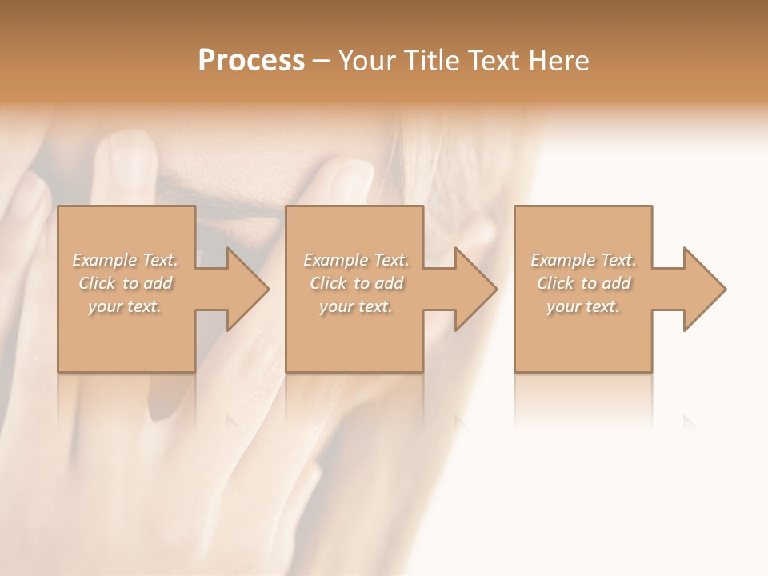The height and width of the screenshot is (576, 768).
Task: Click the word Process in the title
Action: (x=251, y=61)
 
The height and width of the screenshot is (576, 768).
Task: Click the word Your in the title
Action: (x=365, y=61)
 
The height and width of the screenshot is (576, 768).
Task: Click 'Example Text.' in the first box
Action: (x=126, y=260)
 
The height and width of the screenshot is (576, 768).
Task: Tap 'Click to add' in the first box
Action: (x=126, y=283)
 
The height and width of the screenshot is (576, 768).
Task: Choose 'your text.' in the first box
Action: (x=126, y=306)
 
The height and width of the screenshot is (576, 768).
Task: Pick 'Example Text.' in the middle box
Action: (x=356, y=260)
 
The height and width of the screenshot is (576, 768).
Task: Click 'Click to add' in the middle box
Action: (x=356, y=283)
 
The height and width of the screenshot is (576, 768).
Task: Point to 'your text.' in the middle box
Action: (x=356, y=306)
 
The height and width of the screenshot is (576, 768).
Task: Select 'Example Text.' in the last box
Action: (x=583, y=260)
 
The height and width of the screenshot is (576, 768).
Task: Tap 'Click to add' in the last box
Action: (x=583, y=283)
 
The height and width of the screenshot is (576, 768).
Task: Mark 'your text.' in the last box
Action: (x=583, y=306)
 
